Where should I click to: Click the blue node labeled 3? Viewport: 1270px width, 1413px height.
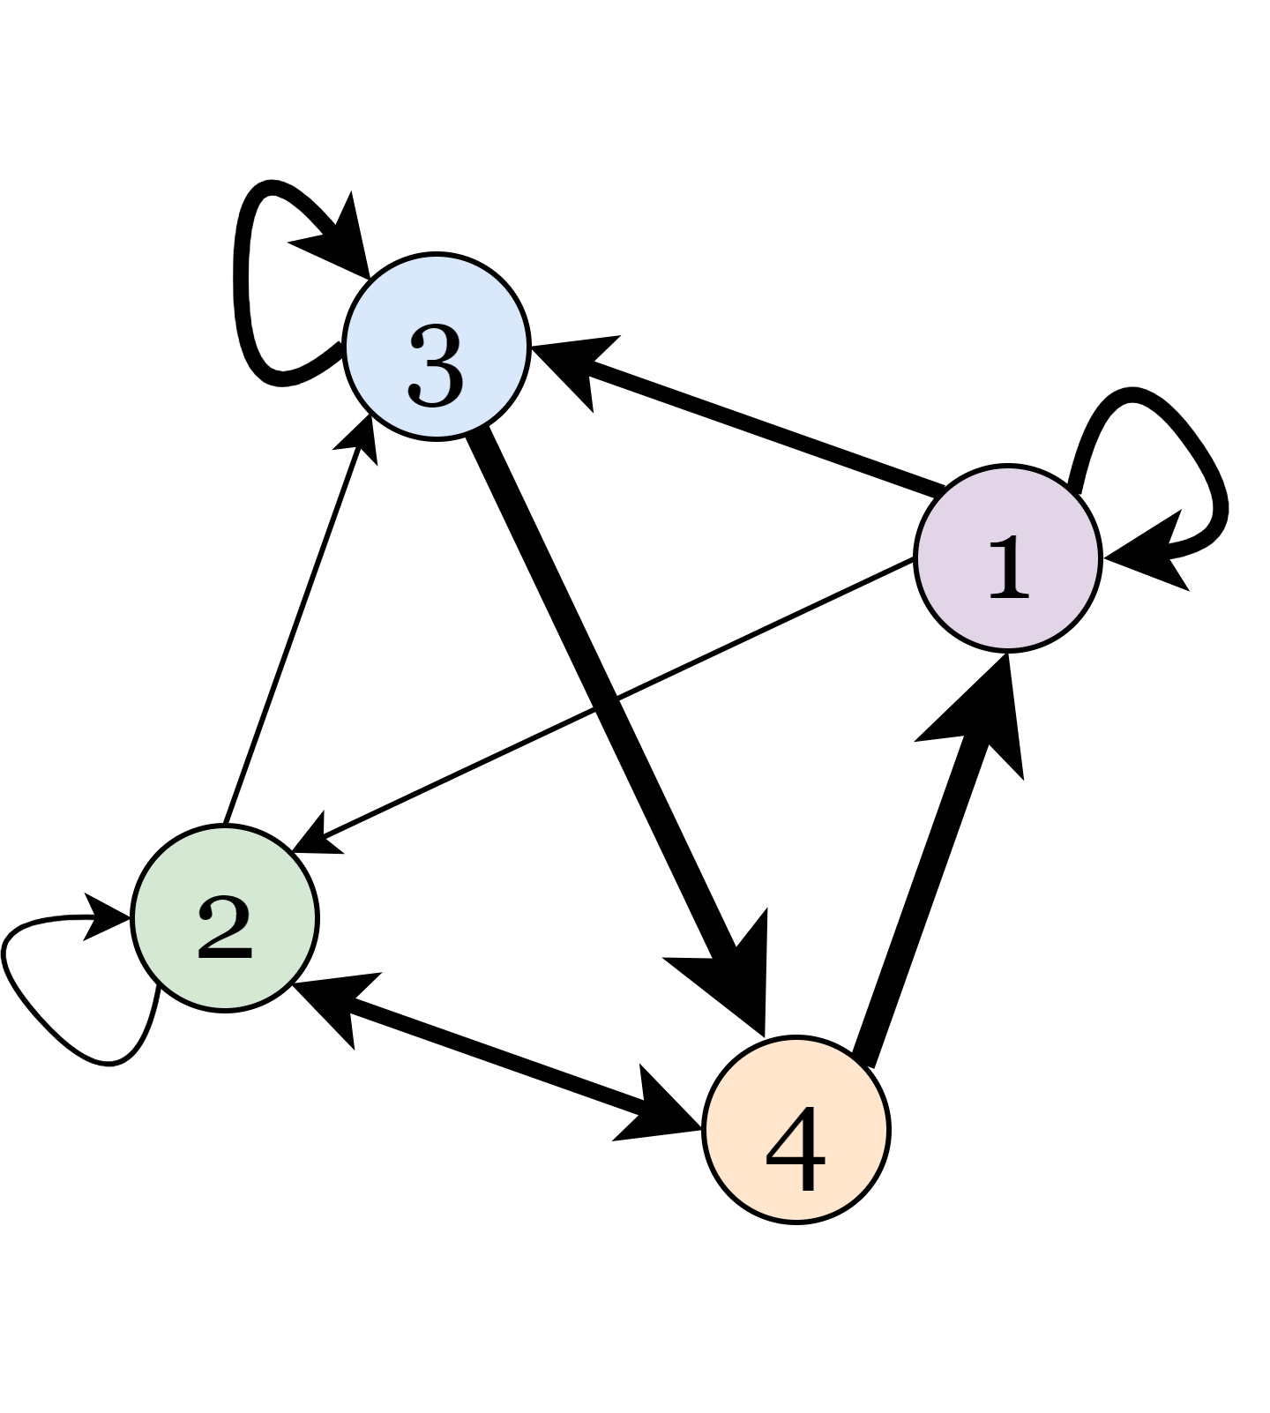point(437,346)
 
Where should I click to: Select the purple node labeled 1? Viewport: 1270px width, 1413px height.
point(1008,557)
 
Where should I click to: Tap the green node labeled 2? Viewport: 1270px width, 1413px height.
point(224,917)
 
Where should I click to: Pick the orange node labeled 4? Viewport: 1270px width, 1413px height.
point(796,1129)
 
